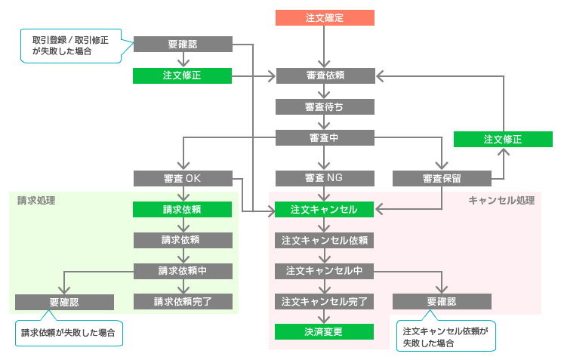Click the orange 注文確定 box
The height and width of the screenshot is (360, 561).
point(324,17)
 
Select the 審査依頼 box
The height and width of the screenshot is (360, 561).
point(325,75)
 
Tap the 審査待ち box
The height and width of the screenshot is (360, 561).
point(325,106)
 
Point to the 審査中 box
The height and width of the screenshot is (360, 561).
point(325,137)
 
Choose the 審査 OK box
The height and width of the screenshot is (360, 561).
point(182,179)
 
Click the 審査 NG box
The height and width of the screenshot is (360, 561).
point(325,179)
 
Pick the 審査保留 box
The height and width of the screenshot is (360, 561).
point(442,179)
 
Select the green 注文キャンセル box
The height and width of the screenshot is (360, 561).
point(325,209)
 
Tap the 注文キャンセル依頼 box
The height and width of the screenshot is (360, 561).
point(325,240)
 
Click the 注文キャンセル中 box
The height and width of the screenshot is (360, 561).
point(325,270)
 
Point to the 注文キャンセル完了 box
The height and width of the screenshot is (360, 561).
point(325,301)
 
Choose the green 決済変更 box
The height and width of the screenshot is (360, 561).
point(325,331)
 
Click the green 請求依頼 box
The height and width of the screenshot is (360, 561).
point(182,209)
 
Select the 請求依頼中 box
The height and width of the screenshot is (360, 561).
point(182,270)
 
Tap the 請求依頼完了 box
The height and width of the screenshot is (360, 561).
point(182,301)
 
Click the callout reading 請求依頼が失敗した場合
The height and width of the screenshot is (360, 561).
point(69,332)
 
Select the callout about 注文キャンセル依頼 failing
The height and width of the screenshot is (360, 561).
point(446,337)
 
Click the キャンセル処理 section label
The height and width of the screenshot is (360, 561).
point(501,200)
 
